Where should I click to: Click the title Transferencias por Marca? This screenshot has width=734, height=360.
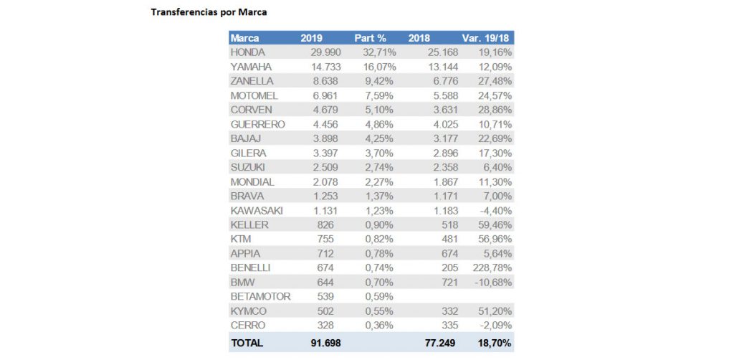(x=199, y=12)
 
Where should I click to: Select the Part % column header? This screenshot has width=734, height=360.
(x=370, y=38)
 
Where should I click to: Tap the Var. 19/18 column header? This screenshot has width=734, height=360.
(x=487, y=38)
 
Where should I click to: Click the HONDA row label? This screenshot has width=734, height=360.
(x=248, y=52)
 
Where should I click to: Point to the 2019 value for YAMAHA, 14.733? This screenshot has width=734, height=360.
(x=325, y=67)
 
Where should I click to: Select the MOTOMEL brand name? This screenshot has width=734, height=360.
(x=254, y=95)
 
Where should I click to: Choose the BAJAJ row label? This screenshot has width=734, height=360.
(x=246, y=138)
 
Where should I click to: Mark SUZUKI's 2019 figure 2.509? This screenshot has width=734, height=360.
(x=328, y=167)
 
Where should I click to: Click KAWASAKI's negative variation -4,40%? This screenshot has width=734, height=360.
(x=494, y=210)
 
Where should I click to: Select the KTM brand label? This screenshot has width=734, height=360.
(x=240, y=239)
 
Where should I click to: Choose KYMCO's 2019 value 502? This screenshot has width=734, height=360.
(x=333, y=311)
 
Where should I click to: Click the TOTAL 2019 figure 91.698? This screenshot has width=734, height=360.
(x=325, y=344)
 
